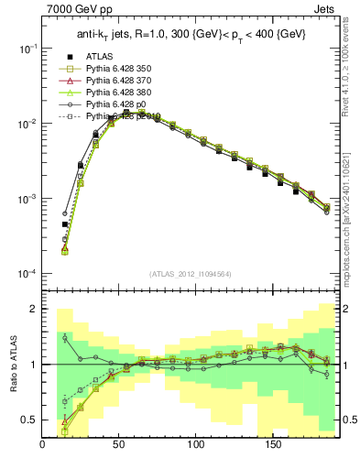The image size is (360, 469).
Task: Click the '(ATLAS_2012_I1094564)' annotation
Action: [x=191, y=272]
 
